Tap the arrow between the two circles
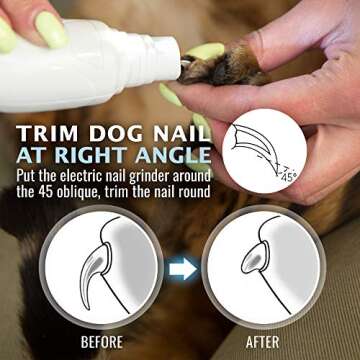click(x=181, y=268)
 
